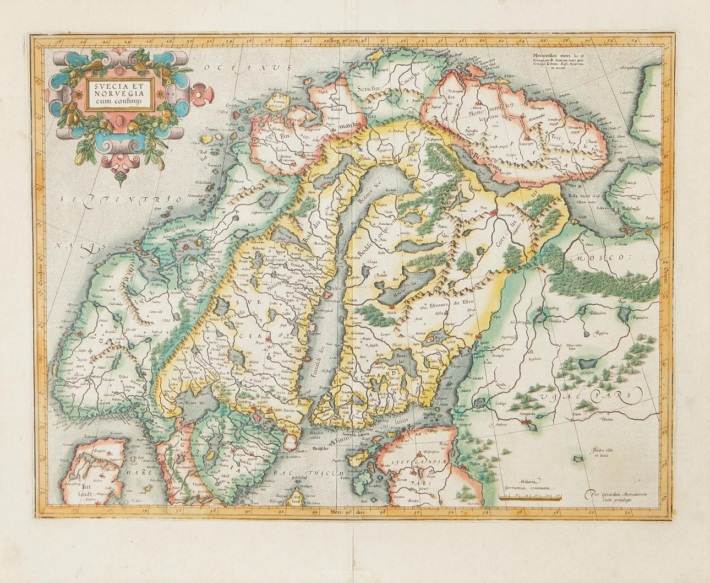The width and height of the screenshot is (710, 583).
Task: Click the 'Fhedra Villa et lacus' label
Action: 603,454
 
